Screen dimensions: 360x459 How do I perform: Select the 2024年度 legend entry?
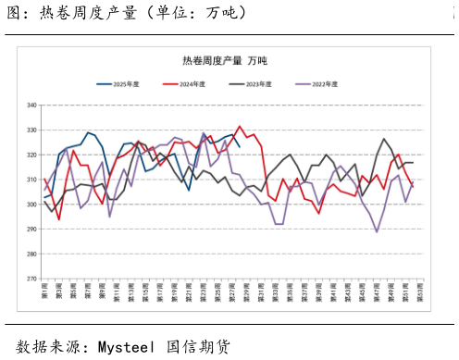(184, 84)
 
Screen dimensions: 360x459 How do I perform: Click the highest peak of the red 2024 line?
(240, 127)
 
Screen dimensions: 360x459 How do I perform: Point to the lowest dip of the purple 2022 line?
(377, 231)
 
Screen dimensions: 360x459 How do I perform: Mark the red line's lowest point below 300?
(59, 219)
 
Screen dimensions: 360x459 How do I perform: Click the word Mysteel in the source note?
(126, 347)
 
